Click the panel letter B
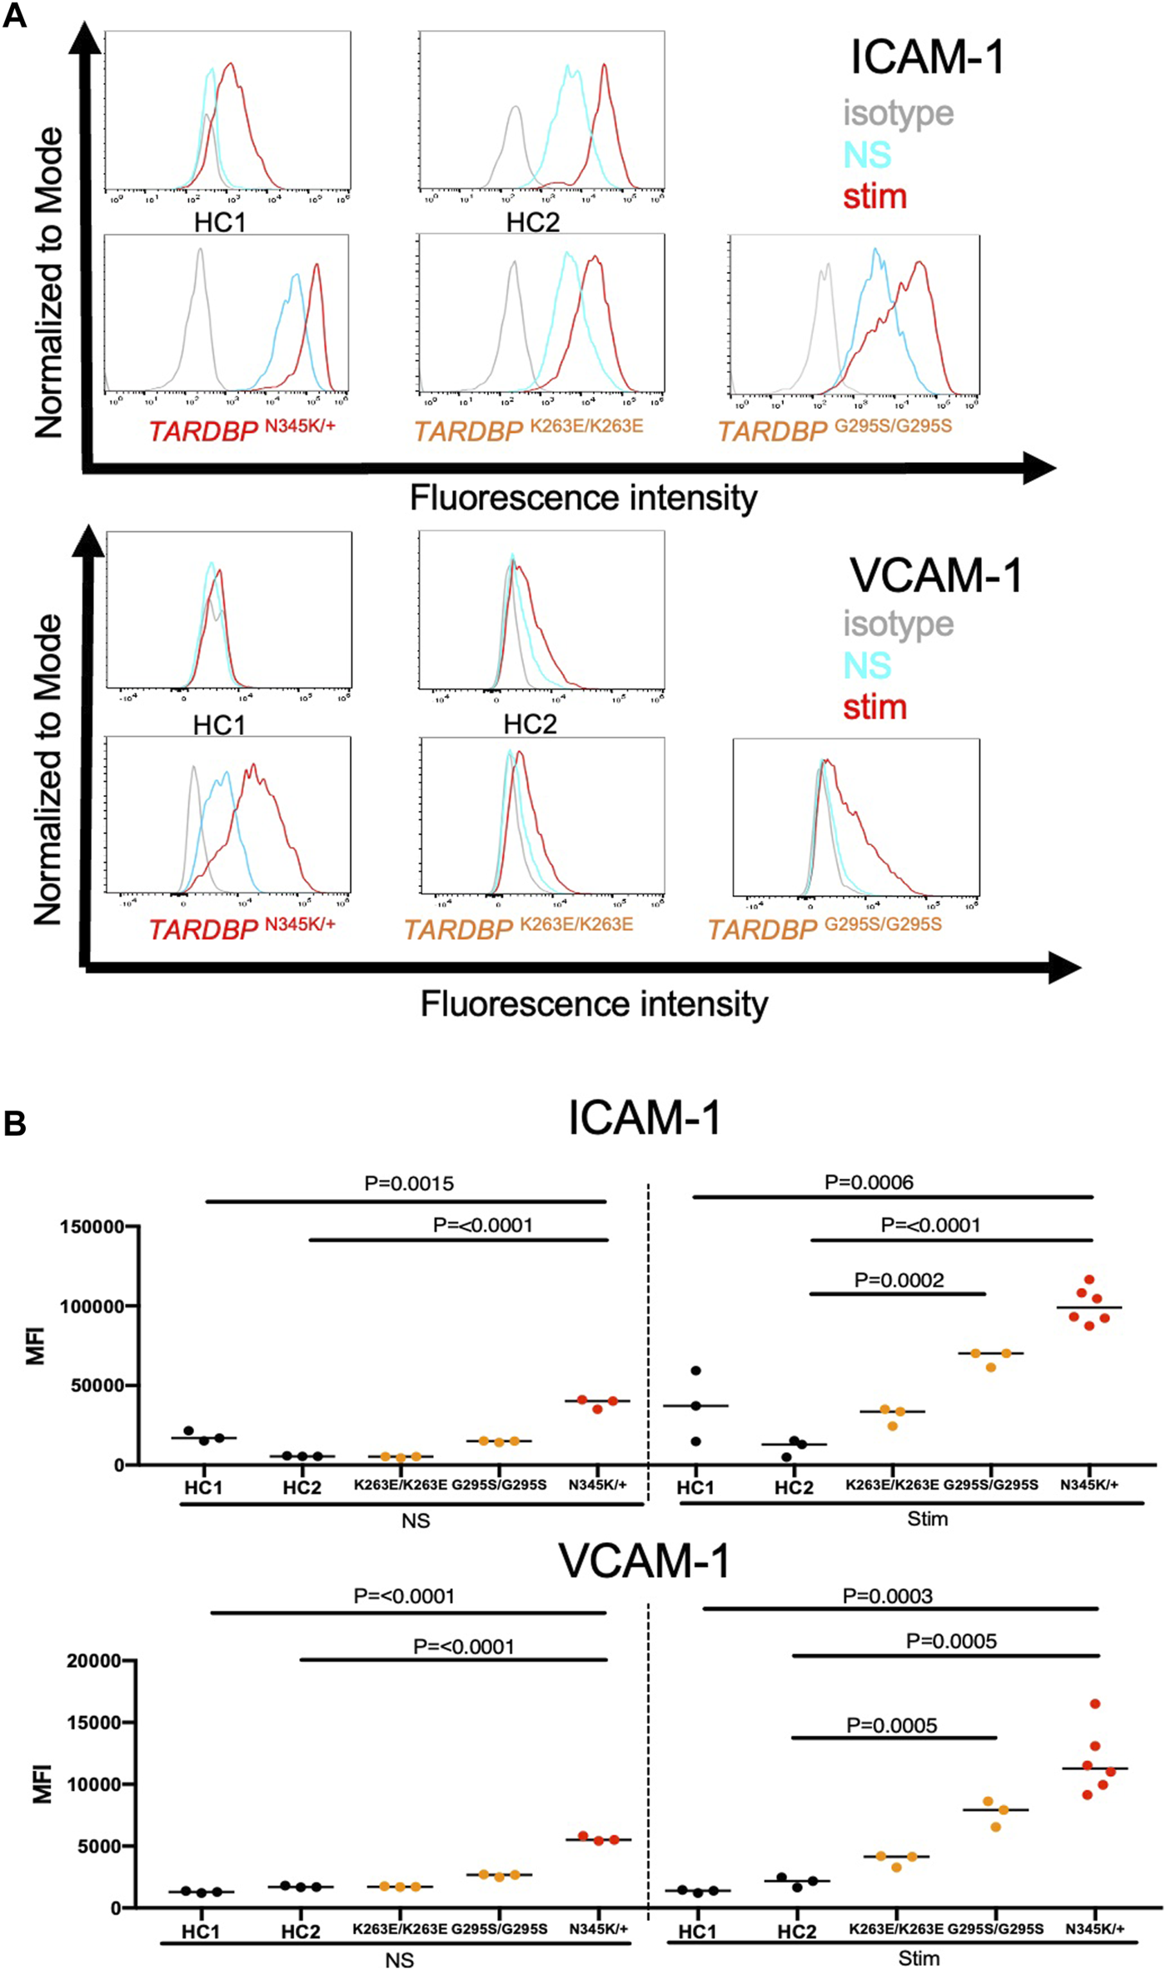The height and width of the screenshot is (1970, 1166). (x=14, y=1123)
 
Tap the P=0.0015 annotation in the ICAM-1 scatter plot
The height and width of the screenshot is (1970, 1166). (x=409, y=1183)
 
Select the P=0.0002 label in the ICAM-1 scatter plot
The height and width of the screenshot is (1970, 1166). (x=899, y=1280)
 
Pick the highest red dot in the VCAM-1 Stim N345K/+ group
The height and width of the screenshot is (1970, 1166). (x=1095, y=1704)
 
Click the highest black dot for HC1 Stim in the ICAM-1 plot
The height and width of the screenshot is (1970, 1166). (x=696, y=1371)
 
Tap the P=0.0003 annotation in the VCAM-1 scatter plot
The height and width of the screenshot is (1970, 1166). (x=887, y=1595)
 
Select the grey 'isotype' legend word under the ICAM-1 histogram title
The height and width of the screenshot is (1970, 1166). (x=898, y=112)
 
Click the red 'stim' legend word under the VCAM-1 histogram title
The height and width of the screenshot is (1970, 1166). (x=874, y=707)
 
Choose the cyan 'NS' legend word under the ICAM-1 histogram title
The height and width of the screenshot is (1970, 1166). (x=867, y=155)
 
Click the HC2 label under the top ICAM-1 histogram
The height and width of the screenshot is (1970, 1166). (x=533, y=222)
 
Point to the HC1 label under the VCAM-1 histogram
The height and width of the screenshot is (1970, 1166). (x=219, y=725)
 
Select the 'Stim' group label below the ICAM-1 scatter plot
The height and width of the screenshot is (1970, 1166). (x=927, y=1519)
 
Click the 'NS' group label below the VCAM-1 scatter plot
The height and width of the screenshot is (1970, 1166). (x=399, y=1960)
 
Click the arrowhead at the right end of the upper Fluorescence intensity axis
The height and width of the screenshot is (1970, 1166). (x=1041, y=468)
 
